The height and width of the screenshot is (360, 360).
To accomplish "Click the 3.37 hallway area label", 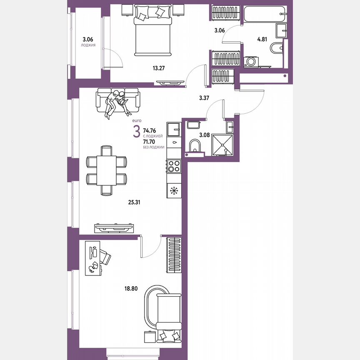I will click(204, 98).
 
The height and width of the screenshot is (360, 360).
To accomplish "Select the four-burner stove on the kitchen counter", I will click(174, 166).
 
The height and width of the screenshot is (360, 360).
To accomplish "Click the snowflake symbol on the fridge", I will click(174, 190).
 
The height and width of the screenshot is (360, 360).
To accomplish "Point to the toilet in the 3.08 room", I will click(194, 146).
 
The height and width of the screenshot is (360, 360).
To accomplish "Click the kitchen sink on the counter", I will click(173, 130).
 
